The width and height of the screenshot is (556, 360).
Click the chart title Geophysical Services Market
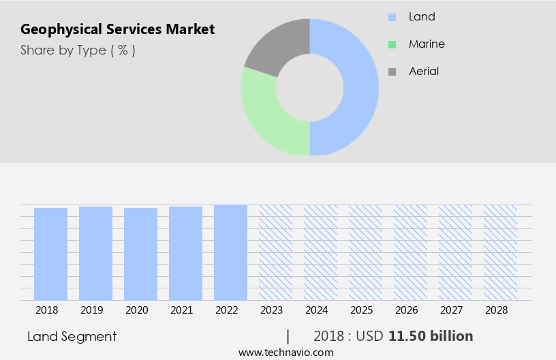(x=117, y=29)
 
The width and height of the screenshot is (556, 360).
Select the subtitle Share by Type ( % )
(x=78, y=50)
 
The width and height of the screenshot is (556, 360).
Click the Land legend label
(x=422, y=16)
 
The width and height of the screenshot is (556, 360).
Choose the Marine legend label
(x=427, y=44)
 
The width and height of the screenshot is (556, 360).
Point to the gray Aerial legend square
(x=392, y=72)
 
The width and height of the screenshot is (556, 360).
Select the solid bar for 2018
(x=50, y=254)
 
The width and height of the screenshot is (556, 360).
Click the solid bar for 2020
(x=140, y=254)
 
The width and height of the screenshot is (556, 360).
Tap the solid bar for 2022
(x=230, y=252)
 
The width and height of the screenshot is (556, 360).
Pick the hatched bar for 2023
(x=275, y=252)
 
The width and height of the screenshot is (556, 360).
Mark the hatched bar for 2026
(x=410, y=252)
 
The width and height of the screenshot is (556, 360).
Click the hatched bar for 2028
(x=500, y=252)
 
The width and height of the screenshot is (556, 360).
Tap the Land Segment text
(x=72, y=336)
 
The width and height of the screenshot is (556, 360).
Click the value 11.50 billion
(x=431, y=336)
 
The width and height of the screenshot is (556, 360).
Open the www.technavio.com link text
(x=285, y=352)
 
